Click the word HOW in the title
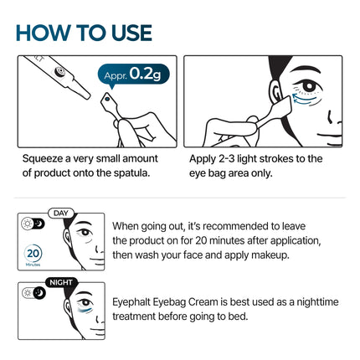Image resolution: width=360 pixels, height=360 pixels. [48, 32]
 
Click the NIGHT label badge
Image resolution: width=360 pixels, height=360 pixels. [63, 282]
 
